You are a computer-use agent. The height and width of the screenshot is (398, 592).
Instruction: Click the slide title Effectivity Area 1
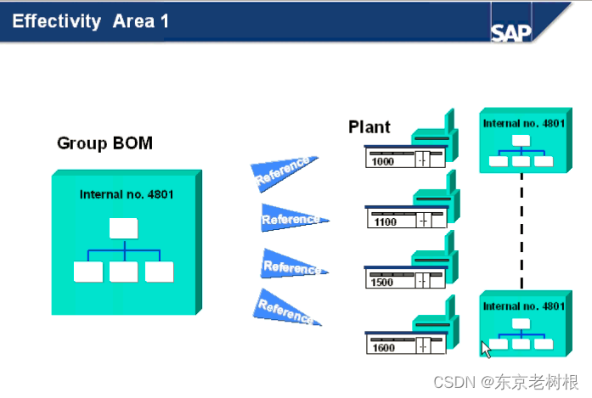89,21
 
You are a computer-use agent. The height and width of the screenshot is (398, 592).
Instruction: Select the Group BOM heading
104,143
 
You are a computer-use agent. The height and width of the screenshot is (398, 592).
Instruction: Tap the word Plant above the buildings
369,127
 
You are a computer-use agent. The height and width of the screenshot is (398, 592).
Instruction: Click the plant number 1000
383,161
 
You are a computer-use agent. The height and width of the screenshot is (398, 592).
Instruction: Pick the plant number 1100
385,222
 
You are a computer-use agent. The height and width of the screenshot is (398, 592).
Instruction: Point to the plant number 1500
382,283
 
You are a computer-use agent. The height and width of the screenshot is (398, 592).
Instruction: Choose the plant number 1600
383,348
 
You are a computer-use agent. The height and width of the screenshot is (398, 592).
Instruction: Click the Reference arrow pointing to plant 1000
285,173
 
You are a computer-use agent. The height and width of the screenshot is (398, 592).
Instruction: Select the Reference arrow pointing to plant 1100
291,219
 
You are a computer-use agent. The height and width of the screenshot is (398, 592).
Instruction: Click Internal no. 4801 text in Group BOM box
127,194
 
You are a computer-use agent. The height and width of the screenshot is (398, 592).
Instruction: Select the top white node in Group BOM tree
124,228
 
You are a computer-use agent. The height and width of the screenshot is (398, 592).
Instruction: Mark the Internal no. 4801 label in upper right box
523,123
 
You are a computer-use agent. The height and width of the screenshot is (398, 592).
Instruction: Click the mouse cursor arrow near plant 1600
486,349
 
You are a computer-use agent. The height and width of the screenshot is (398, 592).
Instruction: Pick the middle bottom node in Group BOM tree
124,272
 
